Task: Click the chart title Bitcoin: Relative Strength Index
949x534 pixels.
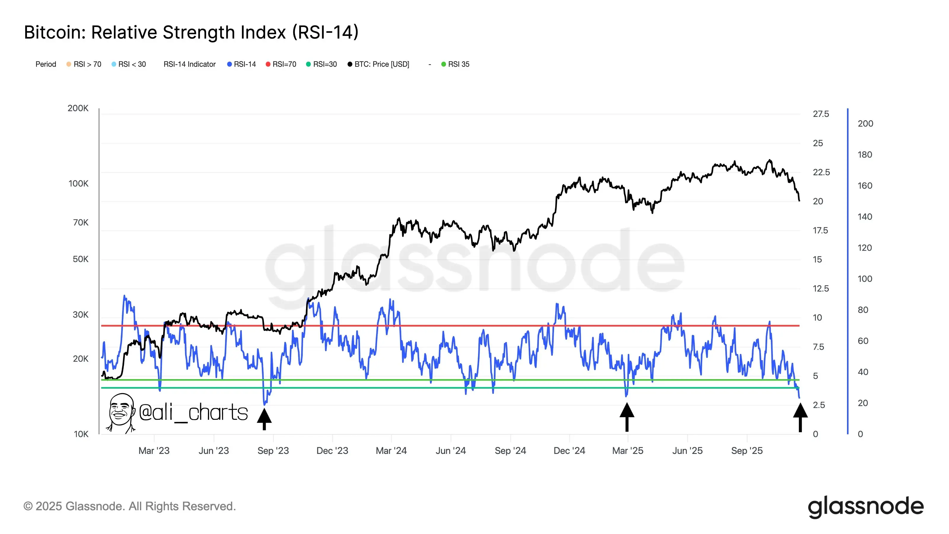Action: [x=191, y=32]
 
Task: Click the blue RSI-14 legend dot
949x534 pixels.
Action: [x=230, y=64]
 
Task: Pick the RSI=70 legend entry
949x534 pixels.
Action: [x=281, y=64]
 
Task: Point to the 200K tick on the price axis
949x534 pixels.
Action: [x=78, y=108]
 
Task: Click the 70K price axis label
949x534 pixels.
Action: [x=81, y=223]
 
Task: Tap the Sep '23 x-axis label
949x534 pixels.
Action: [x=273, y=451]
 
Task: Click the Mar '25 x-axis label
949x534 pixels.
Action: [x=628, y=451]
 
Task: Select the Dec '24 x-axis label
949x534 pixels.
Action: [x=569, y=451]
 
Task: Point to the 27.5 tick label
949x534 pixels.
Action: [x=821, y=114]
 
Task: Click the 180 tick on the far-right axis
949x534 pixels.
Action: [x=865, y=155]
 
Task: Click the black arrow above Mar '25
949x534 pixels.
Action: [x=627, y=417]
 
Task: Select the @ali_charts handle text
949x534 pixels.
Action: [x=193, y=412]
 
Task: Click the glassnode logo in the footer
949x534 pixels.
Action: [x=866, y=507]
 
